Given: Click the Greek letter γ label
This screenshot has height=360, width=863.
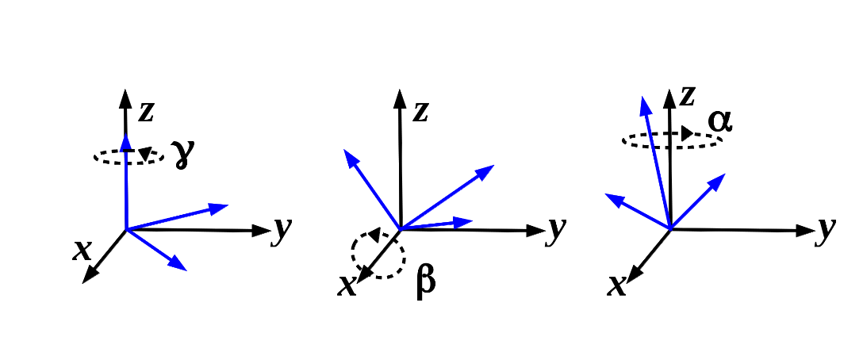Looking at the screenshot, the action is point(183,155).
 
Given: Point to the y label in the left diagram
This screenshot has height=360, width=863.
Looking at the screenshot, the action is point(282,229).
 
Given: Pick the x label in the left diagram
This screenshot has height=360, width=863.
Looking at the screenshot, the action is point(82,251).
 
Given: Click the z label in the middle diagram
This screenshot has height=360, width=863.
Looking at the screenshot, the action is point(420,112).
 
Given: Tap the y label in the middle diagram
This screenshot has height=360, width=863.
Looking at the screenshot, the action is point(558,229).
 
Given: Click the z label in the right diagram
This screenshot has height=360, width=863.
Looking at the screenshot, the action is point(688,97).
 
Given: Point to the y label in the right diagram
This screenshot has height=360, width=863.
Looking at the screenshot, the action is point(827,229).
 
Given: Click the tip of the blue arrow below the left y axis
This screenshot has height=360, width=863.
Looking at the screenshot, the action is point(182,267).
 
